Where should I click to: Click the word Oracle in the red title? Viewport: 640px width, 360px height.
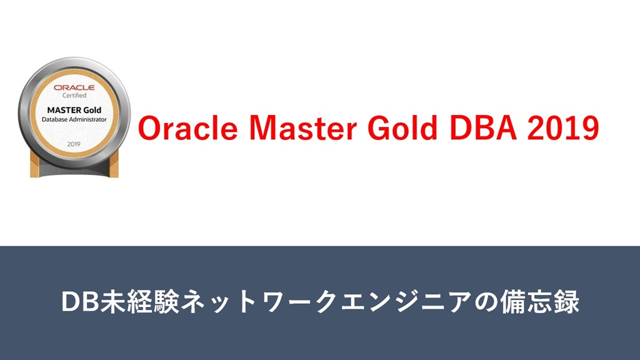(x=187, y=127)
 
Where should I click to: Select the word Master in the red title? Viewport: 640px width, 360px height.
(x=303, y=127)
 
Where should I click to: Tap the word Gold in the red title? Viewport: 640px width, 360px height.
(x=402, y=127)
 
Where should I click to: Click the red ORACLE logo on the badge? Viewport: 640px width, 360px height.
(x=74, y=87)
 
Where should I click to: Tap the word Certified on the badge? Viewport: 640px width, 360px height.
(x=74, y=96)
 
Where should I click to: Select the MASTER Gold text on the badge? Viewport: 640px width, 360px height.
(x=74, y=110)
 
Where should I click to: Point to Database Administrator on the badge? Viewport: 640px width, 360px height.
(x=74, y=119)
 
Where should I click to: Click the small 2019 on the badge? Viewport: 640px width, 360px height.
(x=74, y=144)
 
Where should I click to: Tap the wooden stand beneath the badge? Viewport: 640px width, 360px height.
(x=74, y=167)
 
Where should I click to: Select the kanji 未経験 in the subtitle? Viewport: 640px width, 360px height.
(x=139, y=302)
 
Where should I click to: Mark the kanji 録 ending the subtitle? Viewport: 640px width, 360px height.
(x=567, y=302)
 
